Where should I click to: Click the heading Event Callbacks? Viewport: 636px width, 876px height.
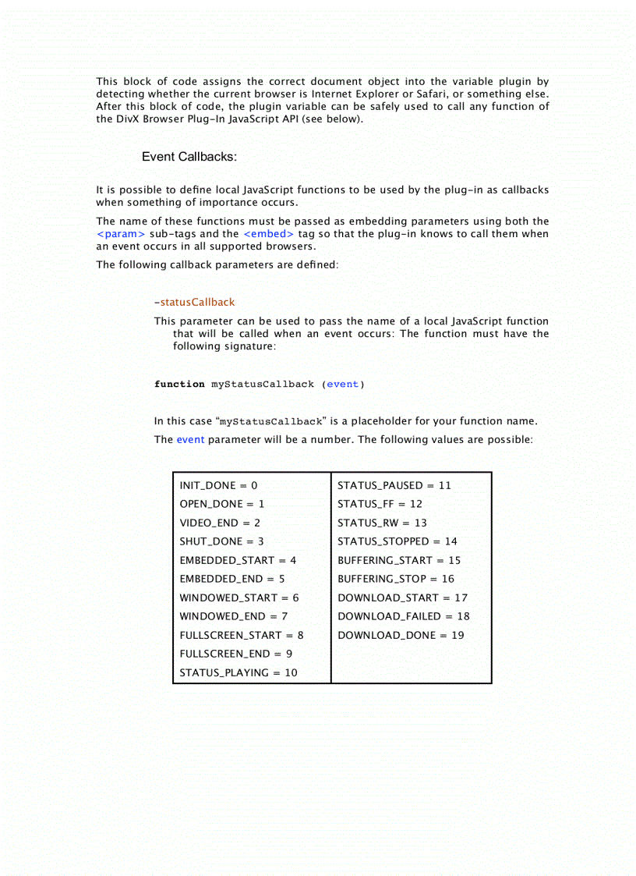[x=189, y=157]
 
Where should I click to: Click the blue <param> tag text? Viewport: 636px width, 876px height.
[x=121, y=234]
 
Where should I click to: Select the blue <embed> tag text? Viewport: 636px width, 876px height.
[x=269, y=234]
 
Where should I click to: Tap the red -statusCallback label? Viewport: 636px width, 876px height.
[x=195, y=302]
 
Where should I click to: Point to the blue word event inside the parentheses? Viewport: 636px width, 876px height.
[x=343, y=384]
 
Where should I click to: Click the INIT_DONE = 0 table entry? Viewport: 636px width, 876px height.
[x=218, y=485]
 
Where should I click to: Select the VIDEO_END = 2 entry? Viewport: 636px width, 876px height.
[x=220, y=523]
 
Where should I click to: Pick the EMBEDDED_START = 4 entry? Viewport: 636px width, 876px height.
[x=238, y=560]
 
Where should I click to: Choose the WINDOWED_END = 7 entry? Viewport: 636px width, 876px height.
[x=234, y=616]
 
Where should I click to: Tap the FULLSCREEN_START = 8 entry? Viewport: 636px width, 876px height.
[x=242, y=635]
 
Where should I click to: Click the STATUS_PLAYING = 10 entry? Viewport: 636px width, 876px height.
[x=238, y=672]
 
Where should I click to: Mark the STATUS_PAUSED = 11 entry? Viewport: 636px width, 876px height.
[x=394, y=485]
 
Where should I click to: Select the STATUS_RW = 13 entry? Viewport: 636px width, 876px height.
[x=382, y=523]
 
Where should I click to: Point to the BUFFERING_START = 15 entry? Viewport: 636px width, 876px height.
[x=399, y=560]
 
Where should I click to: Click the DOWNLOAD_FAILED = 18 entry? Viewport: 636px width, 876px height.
[x=404, y=616]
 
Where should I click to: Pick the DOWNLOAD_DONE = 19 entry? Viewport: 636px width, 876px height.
[x=401, y=635]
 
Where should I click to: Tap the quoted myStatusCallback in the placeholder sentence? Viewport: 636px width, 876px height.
[x=271, y=422]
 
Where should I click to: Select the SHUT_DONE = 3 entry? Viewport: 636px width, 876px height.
[x=221, y=541]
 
